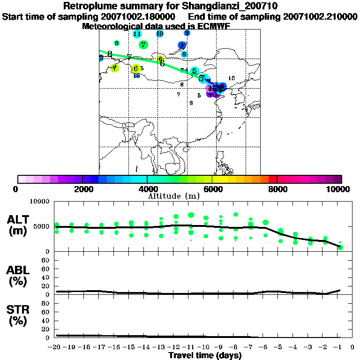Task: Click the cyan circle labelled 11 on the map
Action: [x=137, y=34]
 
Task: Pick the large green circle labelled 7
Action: [x=143, y=45]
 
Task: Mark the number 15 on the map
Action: [x=231, y=78]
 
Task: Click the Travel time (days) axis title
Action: [x=205, y=356]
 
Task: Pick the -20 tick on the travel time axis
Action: [x=55, y=347]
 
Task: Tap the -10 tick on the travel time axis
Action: [x=204, y=347]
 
